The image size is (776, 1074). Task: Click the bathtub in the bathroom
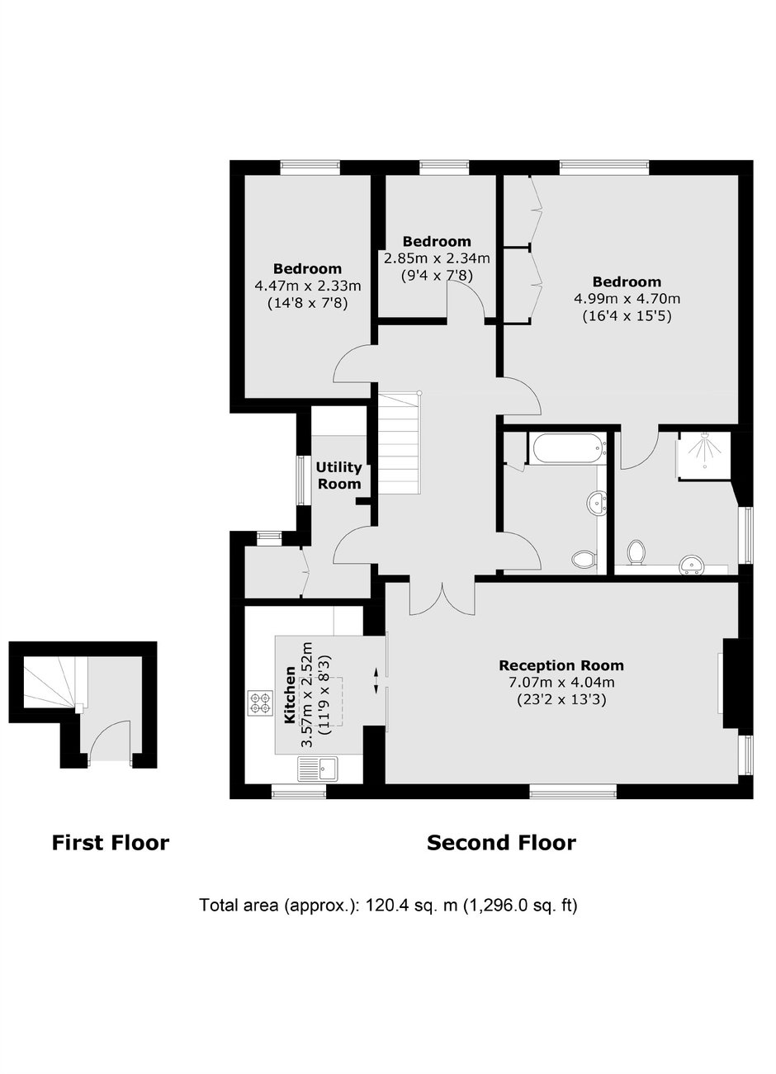pyautogui.click(x=566, y=447)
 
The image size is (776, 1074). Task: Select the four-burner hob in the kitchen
pyautogui.click(x=259, y=703)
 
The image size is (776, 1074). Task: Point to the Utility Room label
pyautogui.click(x=338, y=475)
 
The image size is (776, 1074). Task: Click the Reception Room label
pyautogui.click(x=561, y=665)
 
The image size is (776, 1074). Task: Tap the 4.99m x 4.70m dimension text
pyautogui.click(x=627, y=299)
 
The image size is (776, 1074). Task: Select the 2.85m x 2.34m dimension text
pyautogui.click(x=437, y=259)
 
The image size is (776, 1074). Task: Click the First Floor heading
pyautogui.click(x=111, y=843)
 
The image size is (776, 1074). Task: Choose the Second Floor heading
pyautogui.click(x=501, y=843)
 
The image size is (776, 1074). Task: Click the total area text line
pyautogui.click(x=388, y=906)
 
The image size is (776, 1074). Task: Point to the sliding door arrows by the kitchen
pyautogui.click(x=376, y=680)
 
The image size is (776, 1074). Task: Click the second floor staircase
pyautogui.click(x=399, y=442)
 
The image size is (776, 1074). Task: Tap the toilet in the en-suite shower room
pyautogui.click(x=636, y=553)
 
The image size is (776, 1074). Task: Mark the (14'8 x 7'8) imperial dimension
pyautogui.click(x=307, y=304)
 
